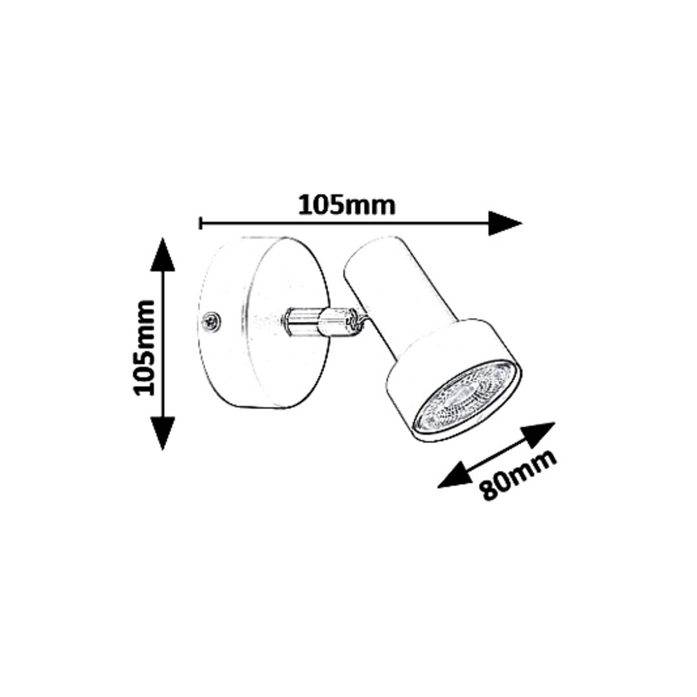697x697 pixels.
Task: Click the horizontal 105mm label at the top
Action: coord(347,206)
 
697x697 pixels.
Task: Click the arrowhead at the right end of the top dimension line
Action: coord(505,223)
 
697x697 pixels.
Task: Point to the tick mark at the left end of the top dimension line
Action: coord(200,223)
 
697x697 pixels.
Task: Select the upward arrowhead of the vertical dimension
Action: coord(163,254)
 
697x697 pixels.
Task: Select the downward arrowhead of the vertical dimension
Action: coord(163,433)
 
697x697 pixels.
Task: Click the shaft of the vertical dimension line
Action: coord(163,344)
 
